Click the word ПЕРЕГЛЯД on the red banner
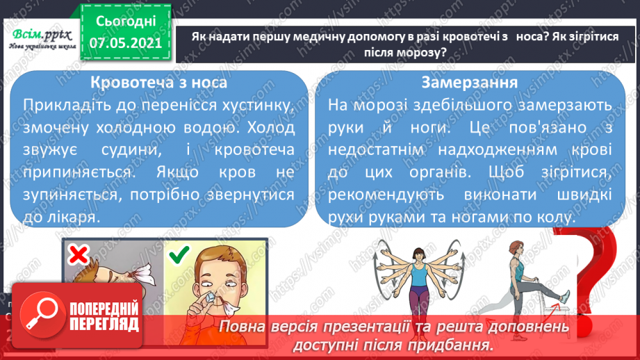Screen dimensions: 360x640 [105, 324]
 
